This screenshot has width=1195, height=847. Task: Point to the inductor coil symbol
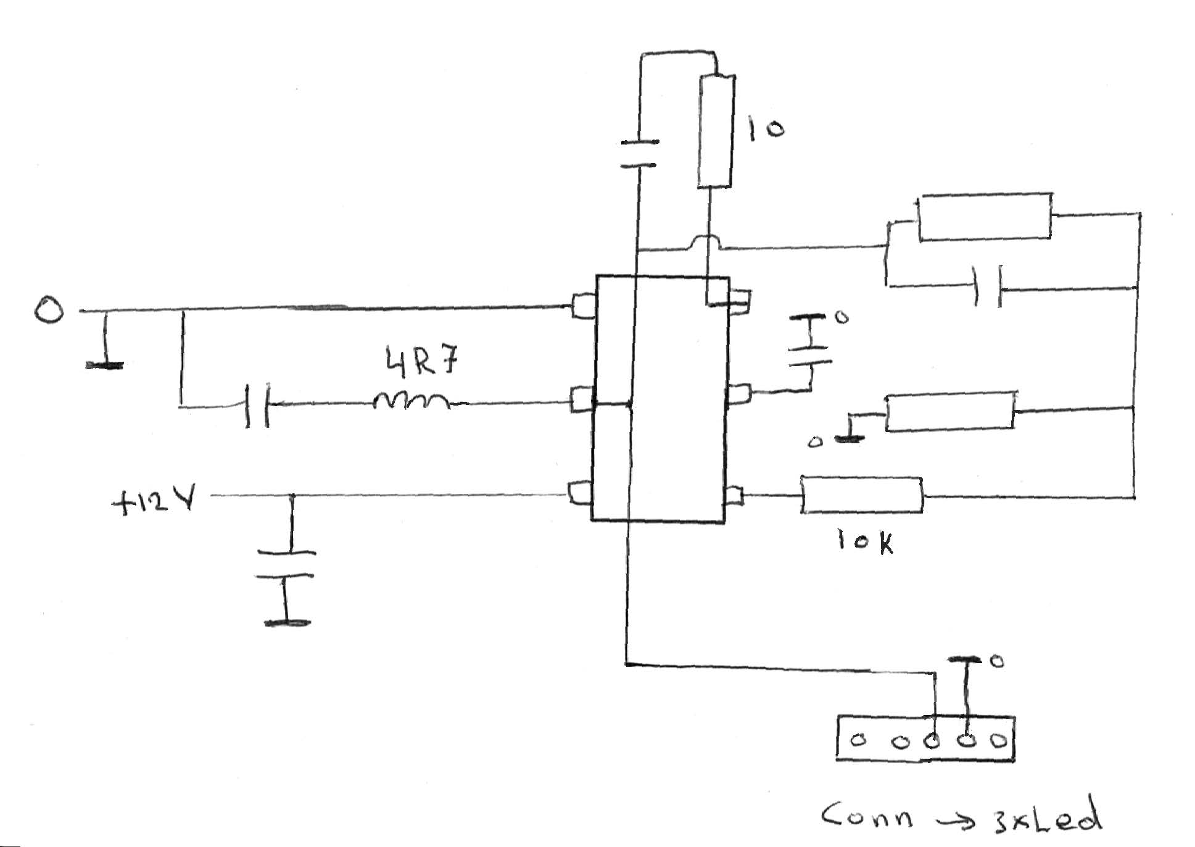pos(411,402)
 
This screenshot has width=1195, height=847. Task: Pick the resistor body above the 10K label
pos(862,495)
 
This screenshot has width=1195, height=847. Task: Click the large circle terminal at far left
pos(49,310)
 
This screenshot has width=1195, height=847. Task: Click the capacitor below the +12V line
pos(286,564)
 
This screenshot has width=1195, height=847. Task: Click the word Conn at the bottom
pos(867,816)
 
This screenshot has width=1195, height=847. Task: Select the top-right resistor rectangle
pos(985,216)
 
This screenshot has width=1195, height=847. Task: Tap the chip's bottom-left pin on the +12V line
pos(581,494)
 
